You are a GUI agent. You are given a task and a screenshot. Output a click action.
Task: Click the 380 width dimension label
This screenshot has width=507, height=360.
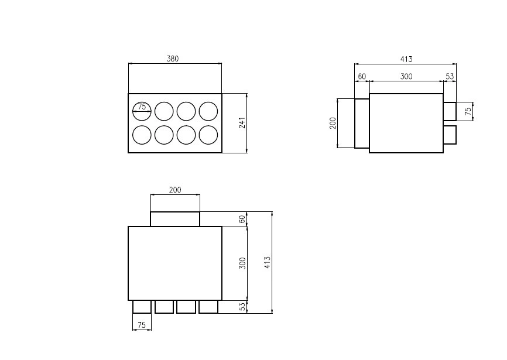[172, 59]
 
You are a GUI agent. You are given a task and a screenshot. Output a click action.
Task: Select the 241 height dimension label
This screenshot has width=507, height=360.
[242, 123]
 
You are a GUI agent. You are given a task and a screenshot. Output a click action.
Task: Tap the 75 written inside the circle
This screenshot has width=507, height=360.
[142, 107]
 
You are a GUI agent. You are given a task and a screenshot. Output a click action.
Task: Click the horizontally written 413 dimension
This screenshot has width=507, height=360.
[406, 59]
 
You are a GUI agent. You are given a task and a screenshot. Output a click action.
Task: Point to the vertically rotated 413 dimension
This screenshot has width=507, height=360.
[267, 262]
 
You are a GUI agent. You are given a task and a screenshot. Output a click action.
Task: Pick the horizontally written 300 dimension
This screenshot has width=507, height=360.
[406, 77]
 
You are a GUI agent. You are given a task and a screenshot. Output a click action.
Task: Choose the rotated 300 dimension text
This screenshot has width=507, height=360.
[242, 263]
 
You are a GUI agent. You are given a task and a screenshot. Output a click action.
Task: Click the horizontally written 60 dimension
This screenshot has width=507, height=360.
[362, 77]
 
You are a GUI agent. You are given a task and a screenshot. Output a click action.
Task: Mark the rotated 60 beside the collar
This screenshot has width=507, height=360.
[242, 219]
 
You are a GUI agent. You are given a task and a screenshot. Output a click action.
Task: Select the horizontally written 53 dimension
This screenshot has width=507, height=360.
[450, 77]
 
